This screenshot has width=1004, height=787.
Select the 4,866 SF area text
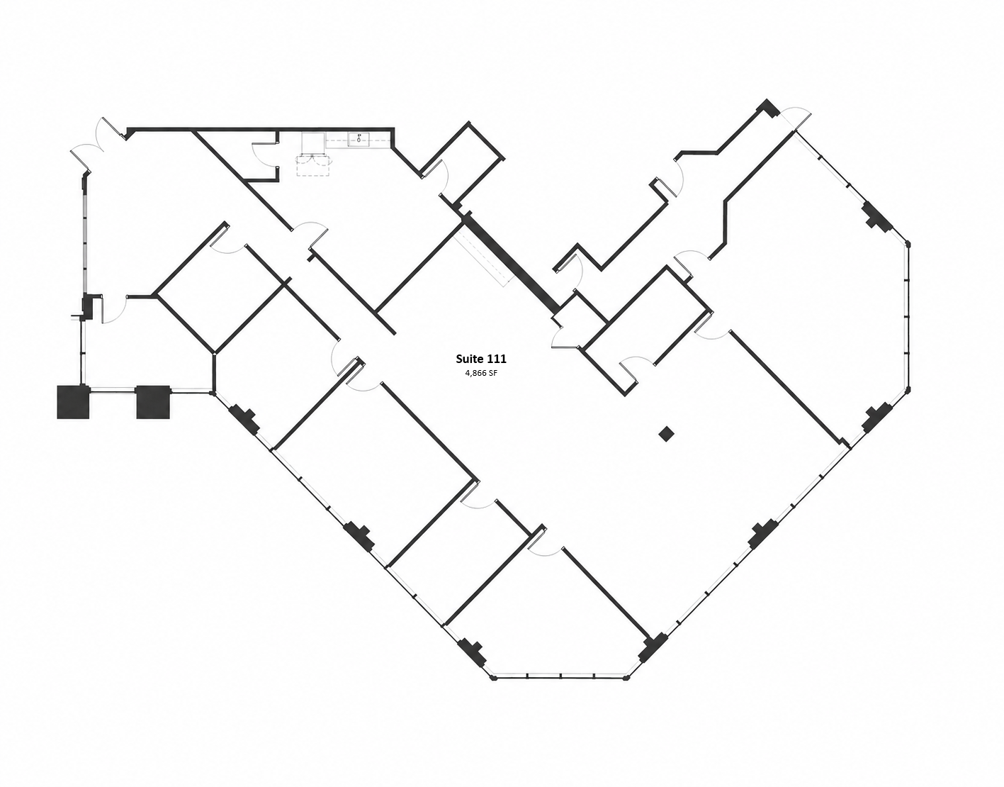click(481, 374)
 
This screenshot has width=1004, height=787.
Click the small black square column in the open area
click(666, 434)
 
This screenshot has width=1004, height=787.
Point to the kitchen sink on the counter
click(359, 137)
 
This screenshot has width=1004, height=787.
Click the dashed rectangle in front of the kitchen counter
click(314, 166)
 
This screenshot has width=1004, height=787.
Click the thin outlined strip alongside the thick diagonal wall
click(483, 258)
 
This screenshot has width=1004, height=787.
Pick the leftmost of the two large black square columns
click(72, 402)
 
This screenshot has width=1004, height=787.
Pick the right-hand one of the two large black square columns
click(153, 402)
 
